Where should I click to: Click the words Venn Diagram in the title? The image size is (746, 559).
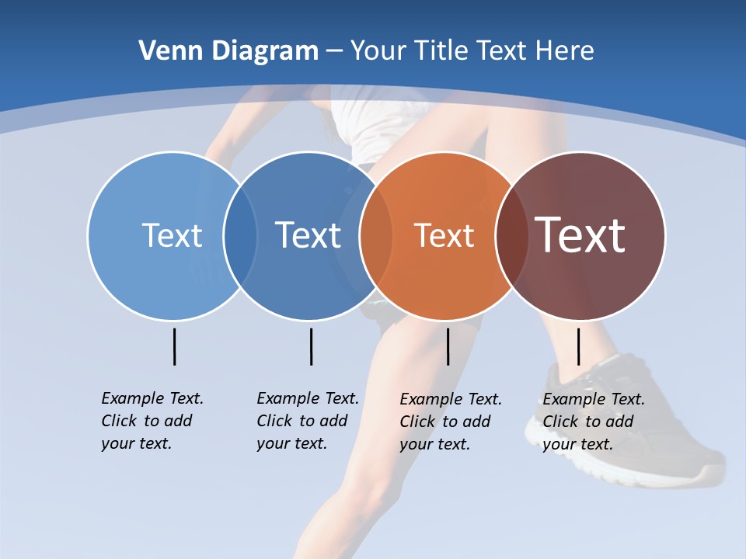pos(228,51)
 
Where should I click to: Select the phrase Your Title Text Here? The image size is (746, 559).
pos(472,51)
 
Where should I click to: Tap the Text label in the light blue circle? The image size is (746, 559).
pos(172,235)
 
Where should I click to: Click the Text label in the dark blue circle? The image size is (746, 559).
pos(309,235)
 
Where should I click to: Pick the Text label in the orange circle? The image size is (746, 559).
pos(444,235)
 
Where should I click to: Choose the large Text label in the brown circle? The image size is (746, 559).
pos(580,235)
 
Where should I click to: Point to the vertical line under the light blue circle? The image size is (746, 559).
pos(175,346)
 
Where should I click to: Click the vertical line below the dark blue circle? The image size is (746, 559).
pos(311,346)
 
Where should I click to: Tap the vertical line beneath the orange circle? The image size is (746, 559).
pos(448,346)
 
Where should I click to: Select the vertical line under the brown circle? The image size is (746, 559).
pos(578,346)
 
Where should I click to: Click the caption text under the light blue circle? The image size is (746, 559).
pos(152,421)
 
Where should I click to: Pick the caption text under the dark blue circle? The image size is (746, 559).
pos(308,421)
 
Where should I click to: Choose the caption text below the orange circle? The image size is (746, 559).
pos(451,422)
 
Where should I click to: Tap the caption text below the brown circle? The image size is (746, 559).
pos(594,422)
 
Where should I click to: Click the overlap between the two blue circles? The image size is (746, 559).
pos(240,236)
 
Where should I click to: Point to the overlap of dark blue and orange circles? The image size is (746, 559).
pos(376,236)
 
